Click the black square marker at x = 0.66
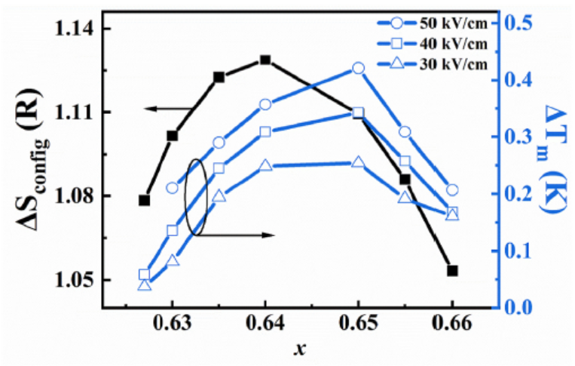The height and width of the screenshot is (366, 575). point(452,270)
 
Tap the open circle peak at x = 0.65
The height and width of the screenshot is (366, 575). point(358,68)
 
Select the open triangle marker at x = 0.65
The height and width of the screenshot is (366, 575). point(358,162)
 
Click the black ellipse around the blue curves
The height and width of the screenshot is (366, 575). point(197,197)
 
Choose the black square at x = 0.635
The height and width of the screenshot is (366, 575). point(219,77)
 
